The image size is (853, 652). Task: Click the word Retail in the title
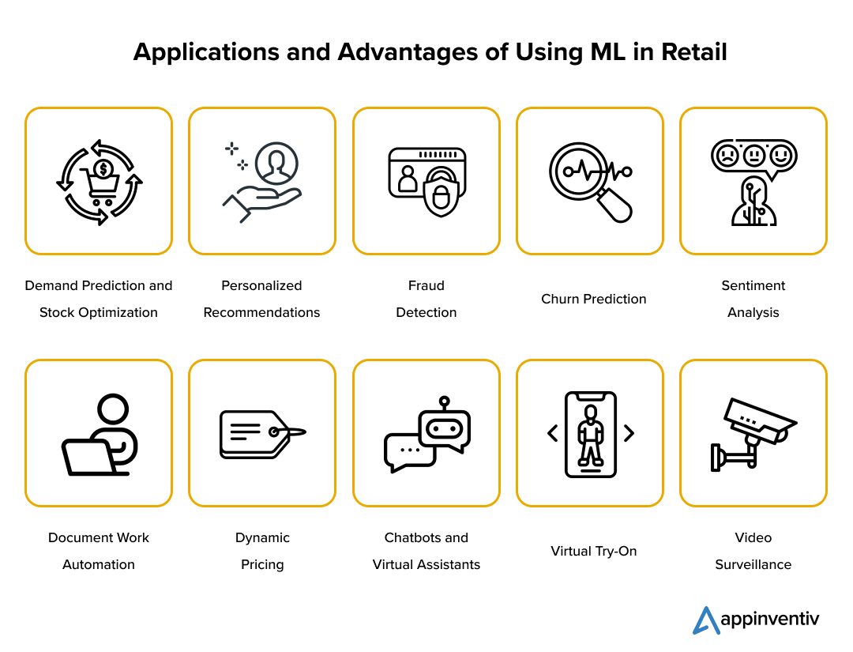tap(693, 52)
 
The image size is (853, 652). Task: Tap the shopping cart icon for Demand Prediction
tap(100, 187)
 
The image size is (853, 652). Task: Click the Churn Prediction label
tap(593, 299)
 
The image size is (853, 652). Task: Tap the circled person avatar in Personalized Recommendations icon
tap(276, 164)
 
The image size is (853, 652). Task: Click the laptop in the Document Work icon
tap(89, 457)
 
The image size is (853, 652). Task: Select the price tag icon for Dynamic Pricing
tap(263, 435)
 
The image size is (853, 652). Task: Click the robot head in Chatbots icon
tap(445, 429)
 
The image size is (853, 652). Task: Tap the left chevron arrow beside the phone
tap(553, 433)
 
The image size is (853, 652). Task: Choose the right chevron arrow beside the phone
tap(629, 433)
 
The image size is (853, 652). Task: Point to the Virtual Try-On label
tap(593, 551)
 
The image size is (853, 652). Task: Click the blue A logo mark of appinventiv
tap(706, 620)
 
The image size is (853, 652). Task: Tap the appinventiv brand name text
tap(770, 619)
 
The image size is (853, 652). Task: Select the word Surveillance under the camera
tap(753, 564)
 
